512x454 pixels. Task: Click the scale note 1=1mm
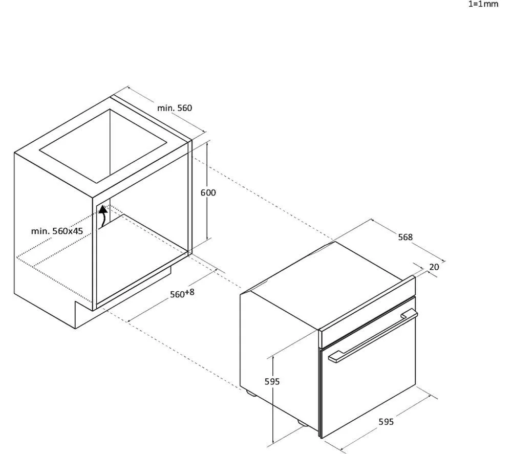[x=483, y=4]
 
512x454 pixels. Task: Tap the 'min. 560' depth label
[x=175, y=108]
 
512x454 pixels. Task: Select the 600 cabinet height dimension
[x=208, y=193]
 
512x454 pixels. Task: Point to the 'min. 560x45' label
[x=57, y=231]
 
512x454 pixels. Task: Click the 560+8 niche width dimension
[x=182, y=293]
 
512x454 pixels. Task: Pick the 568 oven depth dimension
[x=405, y=237]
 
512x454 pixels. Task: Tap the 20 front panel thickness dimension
[x=434, y=267]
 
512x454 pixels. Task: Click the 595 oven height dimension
[x=272, y=381]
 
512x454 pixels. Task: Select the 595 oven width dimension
[x=386, y=422]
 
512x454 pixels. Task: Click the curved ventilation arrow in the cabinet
[x=103, y=216]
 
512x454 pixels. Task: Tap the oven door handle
[x=373, y=337]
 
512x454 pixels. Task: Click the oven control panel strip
[x=367, y=312]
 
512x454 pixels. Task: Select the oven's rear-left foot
[x=251, y=393]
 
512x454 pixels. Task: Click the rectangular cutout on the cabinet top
[x=103, y=146]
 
